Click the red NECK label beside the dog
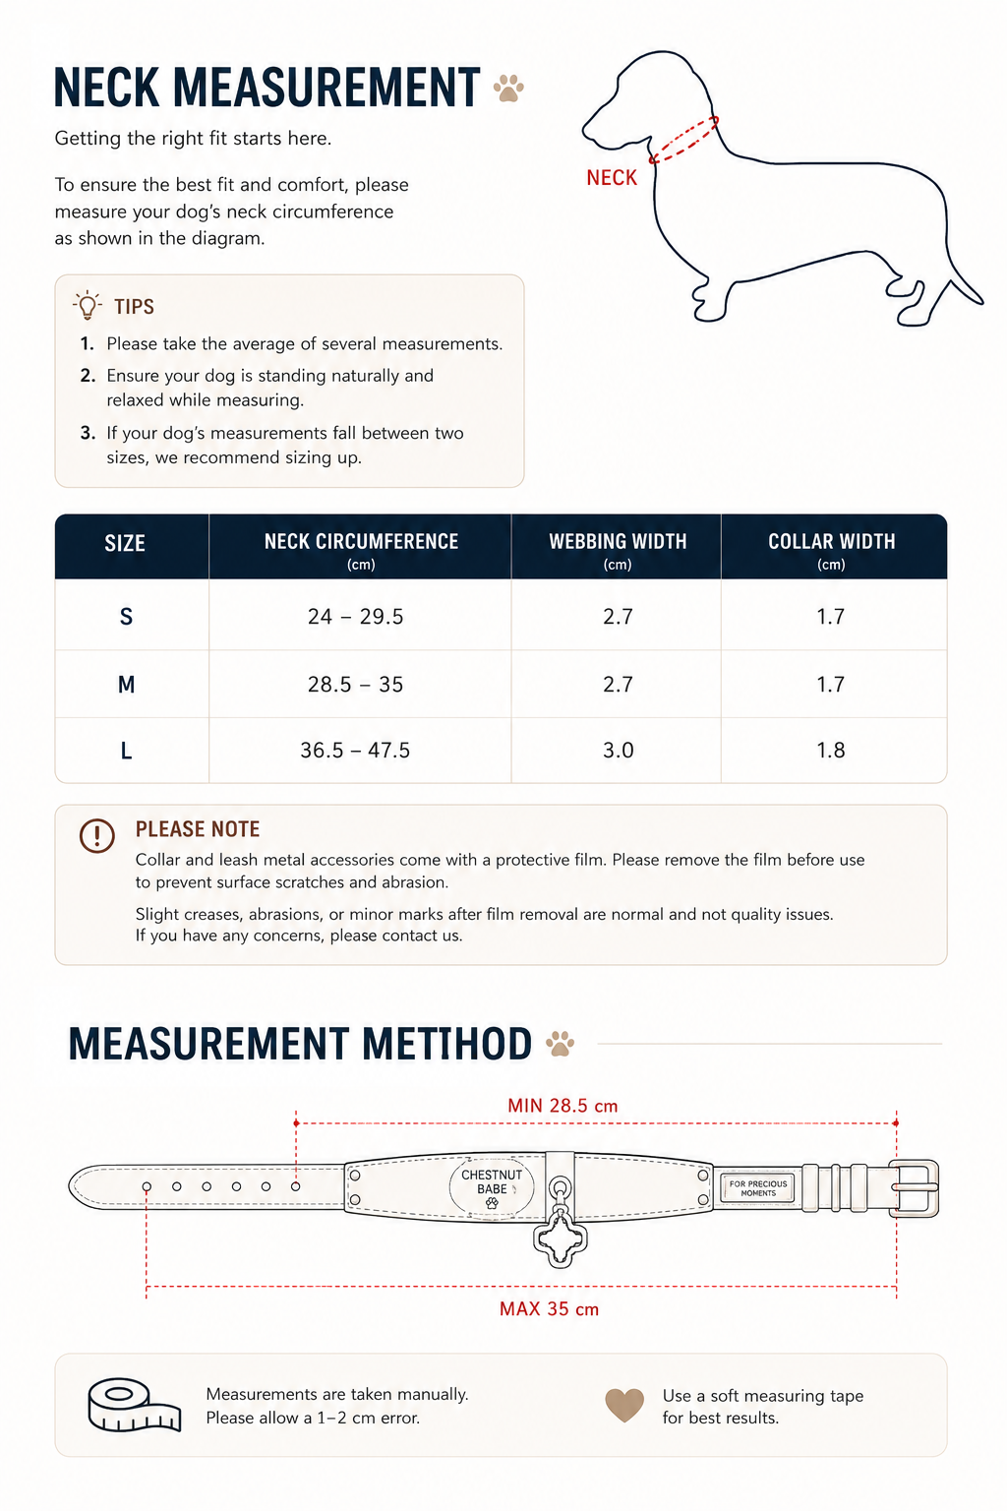pos(611,177)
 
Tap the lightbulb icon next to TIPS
pos(87,306)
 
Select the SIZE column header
pos(125,543)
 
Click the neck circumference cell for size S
pos(355,617)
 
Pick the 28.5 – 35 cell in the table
pos(355,685)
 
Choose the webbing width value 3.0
pos(618,751)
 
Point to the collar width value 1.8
pos(830,751)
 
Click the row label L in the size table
pos(126,751)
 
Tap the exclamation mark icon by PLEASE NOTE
pos(97,836)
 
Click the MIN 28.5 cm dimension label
pos(563,1106)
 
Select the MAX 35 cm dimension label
pos(549,1309)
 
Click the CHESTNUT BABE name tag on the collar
pos(492,1188)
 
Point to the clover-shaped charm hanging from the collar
pos(560,1239)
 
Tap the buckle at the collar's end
pos(914,1188)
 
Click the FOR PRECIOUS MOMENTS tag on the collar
pos(758,1188)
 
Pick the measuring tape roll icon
pos(134,1405)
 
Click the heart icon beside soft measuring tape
pos(623,1405)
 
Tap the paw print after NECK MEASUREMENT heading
pos(508,89)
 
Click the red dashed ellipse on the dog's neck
pos(683,140)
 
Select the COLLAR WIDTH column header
pos(832,542)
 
